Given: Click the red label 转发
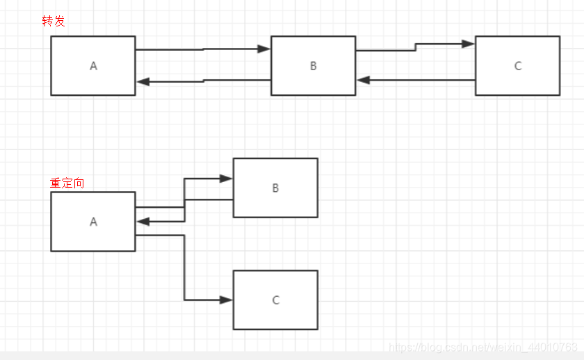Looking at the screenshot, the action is (54, 22).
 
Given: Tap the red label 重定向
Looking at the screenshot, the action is (67, 183).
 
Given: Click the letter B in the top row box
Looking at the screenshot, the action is (314, 66).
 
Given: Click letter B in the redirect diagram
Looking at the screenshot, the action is (275, 188).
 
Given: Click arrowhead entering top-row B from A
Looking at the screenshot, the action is (263, 49).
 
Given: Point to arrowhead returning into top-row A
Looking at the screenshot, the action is (143, 81).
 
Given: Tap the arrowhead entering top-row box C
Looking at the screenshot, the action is (468, 44).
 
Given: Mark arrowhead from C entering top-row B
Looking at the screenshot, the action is (363, 80).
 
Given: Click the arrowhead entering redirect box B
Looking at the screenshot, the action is (226, 179).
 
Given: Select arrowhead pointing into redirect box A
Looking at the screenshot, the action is (143, 222).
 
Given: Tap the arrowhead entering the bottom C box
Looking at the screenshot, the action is (226, 300).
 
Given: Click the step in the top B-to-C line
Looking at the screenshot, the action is (416, 47).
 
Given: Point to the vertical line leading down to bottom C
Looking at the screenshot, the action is (184, 268).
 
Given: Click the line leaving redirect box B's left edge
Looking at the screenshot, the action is (209, 200).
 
